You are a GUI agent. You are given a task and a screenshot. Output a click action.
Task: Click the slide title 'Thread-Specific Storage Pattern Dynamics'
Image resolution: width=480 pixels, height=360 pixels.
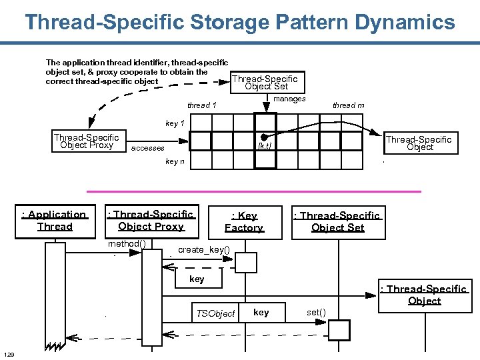pyautogui.click(x=240, y=22)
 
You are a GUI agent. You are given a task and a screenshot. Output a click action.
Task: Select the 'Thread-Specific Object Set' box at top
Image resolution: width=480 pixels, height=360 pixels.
pyautogui.click(x=266, y=82)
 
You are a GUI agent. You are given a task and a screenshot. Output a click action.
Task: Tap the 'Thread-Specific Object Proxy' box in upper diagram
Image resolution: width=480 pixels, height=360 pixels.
pyautogui.click(x=87, y=141)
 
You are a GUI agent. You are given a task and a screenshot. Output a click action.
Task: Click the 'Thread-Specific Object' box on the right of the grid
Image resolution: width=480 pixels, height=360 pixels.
pyautogui.click(x=419, y=143)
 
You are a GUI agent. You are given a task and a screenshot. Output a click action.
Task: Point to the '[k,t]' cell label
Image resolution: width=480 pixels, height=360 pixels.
pyautogui.click(x=265, y=146)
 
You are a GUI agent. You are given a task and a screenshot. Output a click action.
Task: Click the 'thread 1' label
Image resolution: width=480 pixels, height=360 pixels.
pyautogui.click(x=201, y=105)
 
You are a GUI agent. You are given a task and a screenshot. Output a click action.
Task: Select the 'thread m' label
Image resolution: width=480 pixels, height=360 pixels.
pyautogui.click(x=348, y=105)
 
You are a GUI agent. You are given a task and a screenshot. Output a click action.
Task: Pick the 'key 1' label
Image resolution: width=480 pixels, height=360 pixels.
pyautogui.click(x=175, y=123)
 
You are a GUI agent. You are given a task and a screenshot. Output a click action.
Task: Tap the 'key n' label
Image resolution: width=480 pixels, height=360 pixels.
pyautogui.click(x=175, y=162)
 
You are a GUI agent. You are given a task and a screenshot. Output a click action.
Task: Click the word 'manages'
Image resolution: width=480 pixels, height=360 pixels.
pyautogui.click(x=289, y=99)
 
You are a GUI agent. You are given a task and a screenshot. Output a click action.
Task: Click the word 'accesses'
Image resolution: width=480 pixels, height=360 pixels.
pyautogui.click(x=147, y=148)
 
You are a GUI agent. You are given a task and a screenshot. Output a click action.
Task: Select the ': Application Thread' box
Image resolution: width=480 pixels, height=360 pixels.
pyautogui.click(x=55, y=221)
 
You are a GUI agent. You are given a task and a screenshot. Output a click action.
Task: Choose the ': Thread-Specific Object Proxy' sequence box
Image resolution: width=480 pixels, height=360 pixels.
pyautogui.click(x=151, y=221)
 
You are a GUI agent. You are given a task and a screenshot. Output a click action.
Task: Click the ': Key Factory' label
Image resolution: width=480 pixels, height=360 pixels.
pyautogui.click(x=244, y=222)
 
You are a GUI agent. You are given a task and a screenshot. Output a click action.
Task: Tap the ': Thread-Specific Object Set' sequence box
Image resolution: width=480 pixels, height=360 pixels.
pyautogui.click(x=337, y=221)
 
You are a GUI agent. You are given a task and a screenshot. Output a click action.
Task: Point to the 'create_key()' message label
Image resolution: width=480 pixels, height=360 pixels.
pyautogui.click(x=204, y=250)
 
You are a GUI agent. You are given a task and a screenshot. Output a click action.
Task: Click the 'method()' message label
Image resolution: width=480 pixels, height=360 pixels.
pyautogui.click(x=127, y=244)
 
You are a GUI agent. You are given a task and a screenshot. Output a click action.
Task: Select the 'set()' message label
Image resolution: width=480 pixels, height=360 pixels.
pyautogui.click(x=317, y=312)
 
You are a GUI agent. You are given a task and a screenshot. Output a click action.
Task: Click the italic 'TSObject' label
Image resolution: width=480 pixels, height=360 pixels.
pyautogui.click(x=215, y=313)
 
